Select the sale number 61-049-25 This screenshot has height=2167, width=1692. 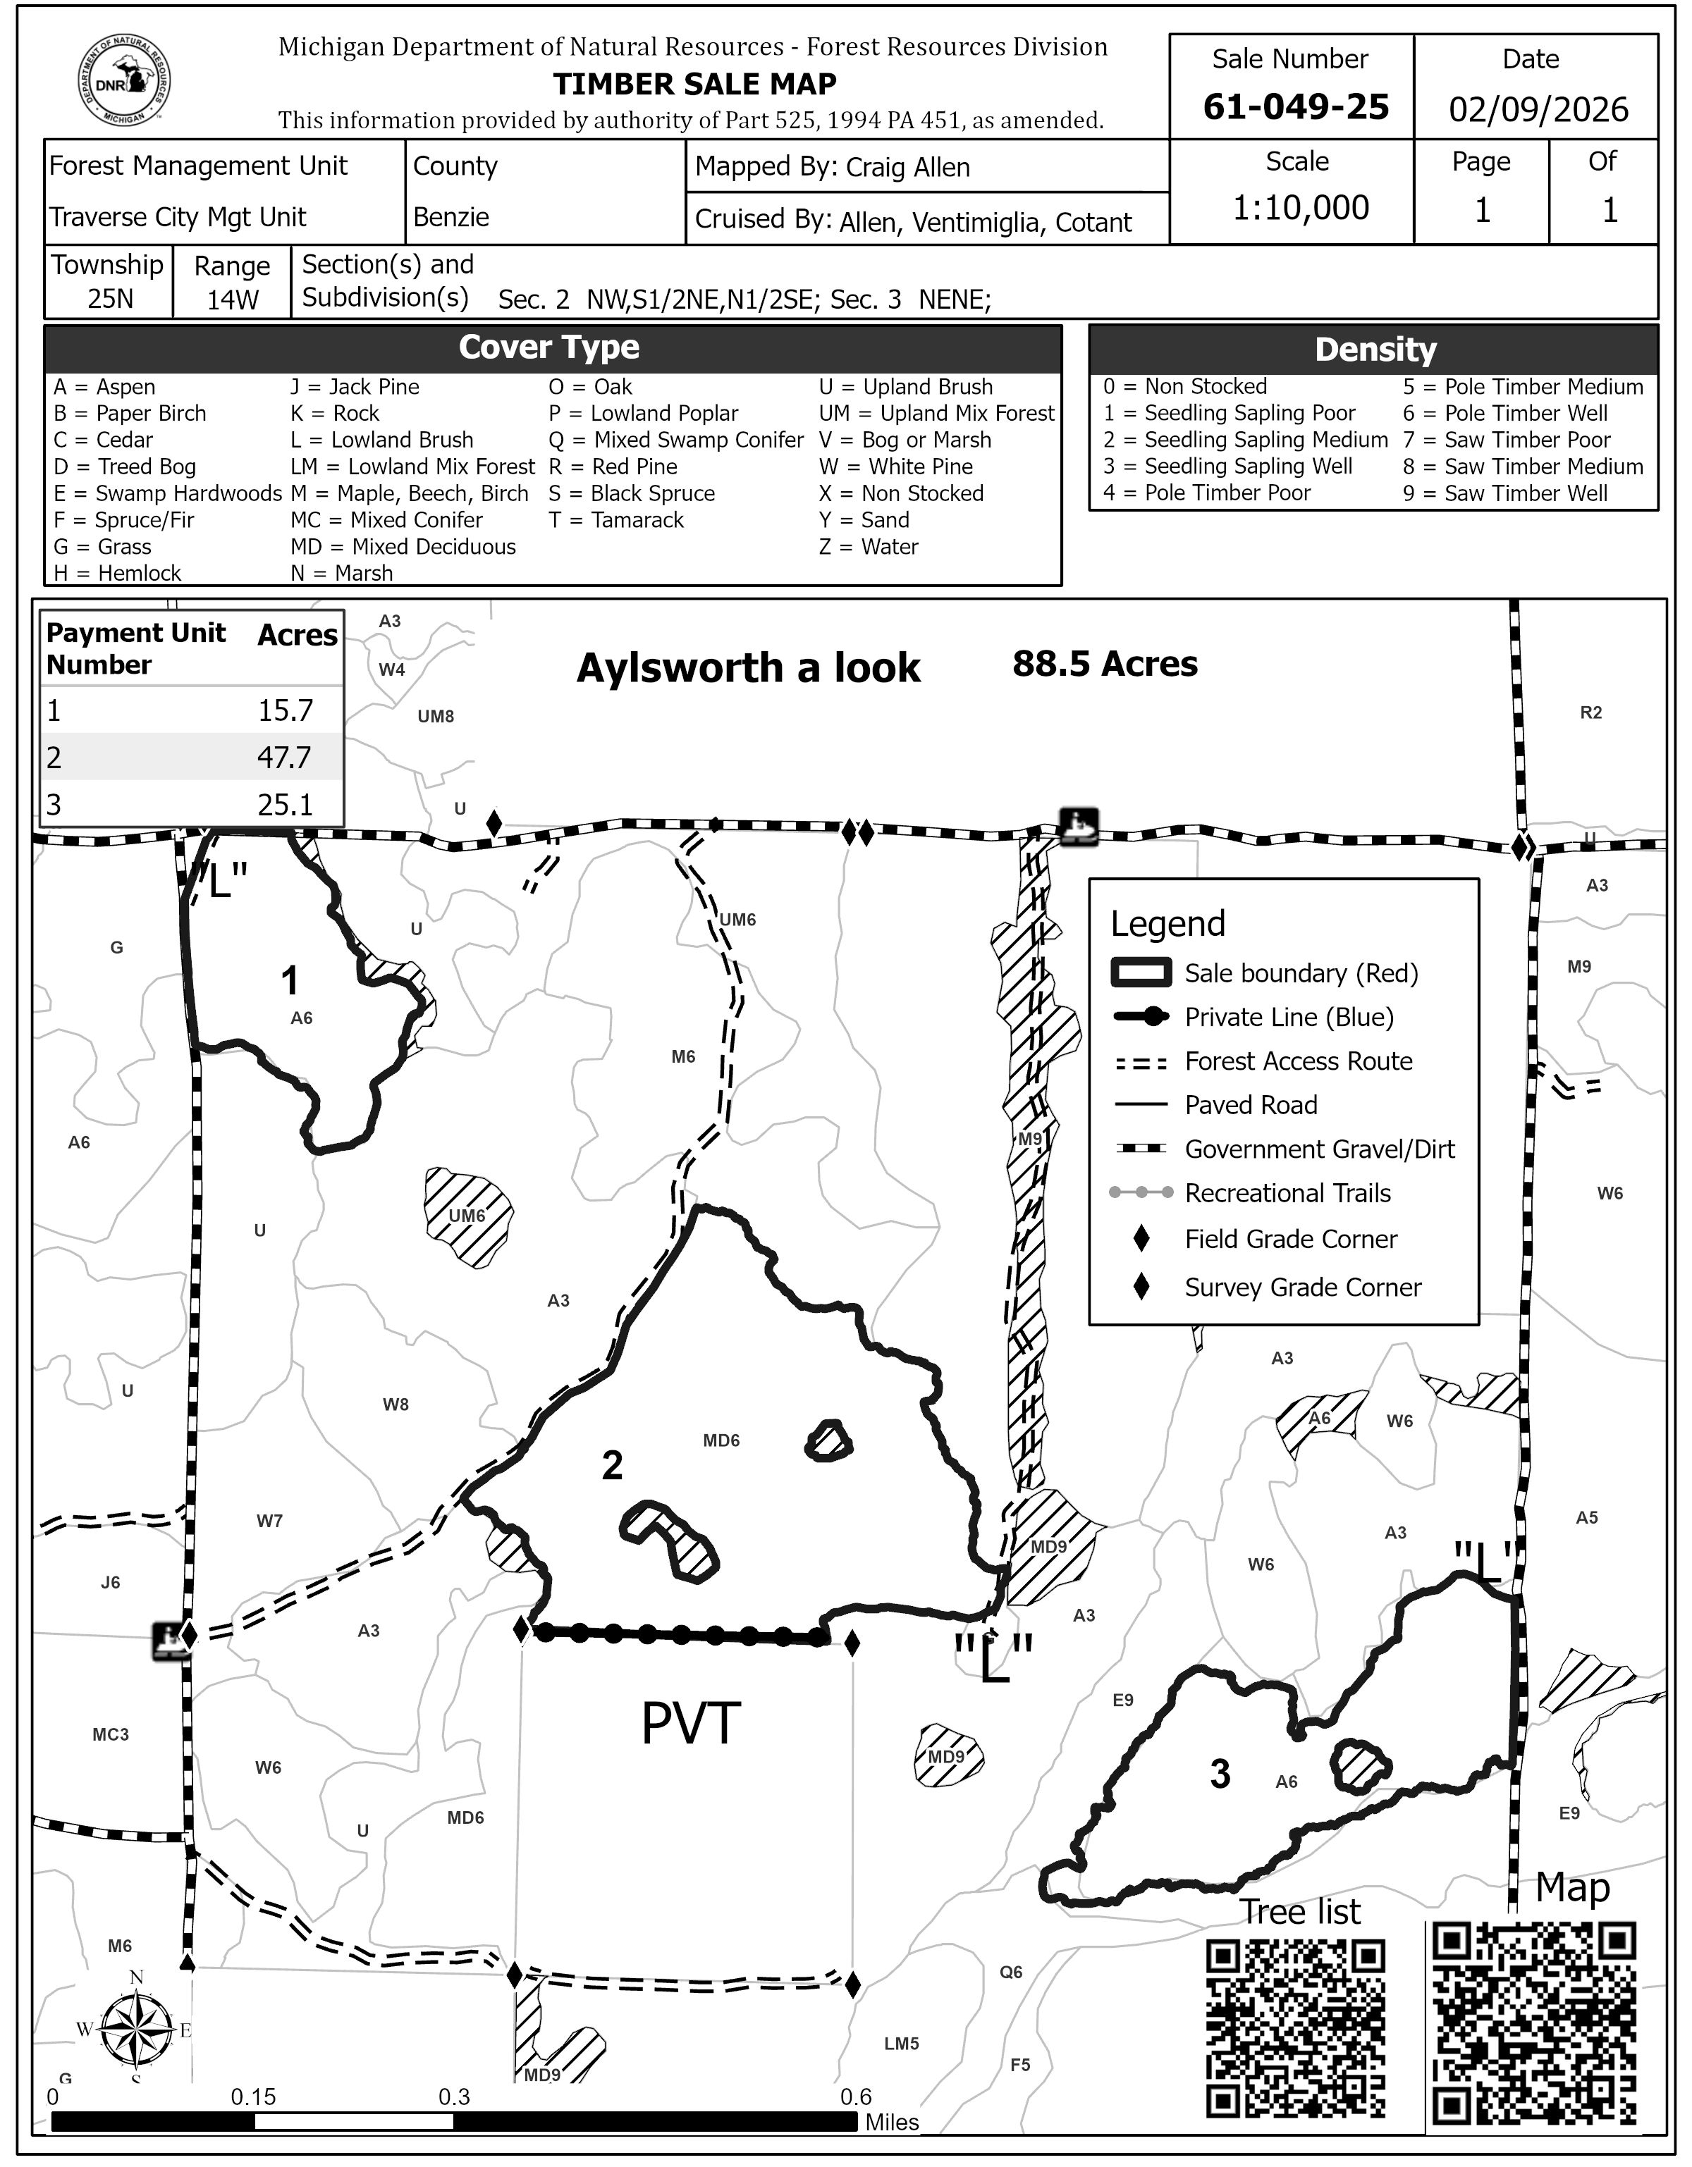pos(1295,107)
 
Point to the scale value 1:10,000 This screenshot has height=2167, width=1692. pos(1300,207)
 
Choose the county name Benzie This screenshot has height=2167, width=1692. pos(450,217)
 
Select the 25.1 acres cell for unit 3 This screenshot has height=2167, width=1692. pos(285,805)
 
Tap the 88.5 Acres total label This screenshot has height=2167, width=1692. pos(1105,665)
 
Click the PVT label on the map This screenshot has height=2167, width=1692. pos(691,1724)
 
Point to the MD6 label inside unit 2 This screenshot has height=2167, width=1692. pos(721,1440)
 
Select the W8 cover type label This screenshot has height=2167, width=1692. pos(396,1404)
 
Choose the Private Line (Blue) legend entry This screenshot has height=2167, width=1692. pos(1288,1017)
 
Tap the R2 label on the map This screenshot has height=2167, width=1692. pos(1590,712)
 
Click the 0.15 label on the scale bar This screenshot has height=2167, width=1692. pos(253,2097)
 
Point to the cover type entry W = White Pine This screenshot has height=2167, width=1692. pos(901,467)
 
